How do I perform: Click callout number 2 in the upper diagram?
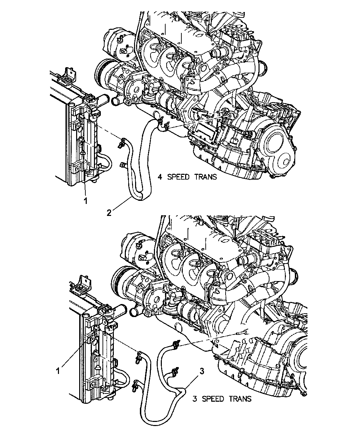(x=109, y=213)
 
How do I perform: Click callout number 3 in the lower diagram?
(x=202, y=372)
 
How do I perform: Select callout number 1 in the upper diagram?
(x=85, y=201)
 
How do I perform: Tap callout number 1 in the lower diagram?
(x=58, y=371)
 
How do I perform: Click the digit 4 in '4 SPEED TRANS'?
(x=160, y=177)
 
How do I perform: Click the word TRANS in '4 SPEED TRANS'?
(x=205, y=177)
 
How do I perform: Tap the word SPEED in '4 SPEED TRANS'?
(x=178, y=177)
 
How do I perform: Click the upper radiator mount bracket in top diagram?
(x=68, y=75)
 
